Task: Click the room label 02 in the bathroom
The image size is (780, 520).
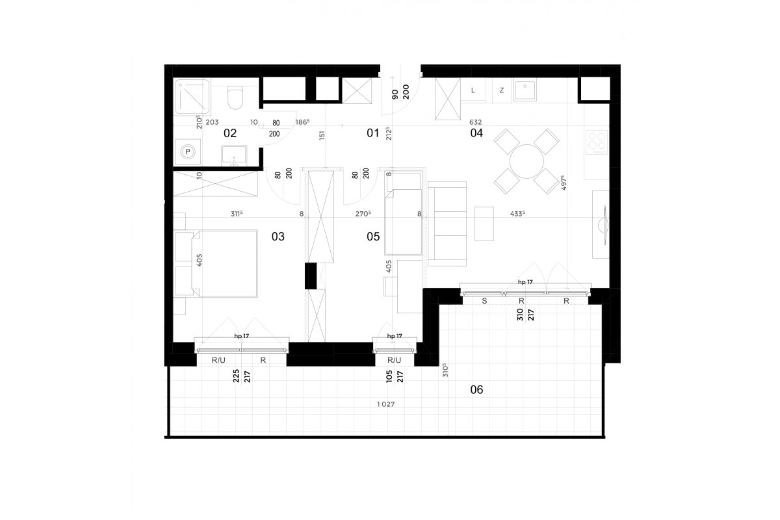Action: tap(230, 133)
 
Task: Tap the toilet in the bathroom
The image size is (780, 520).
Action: tap(235, 97)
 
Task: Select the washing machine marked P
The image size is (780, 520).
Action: tap(188, 152)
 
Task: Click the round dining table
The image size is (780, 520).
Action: tap(526, 162)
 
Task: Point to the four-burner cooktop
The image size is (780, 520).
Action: tap(597, 142)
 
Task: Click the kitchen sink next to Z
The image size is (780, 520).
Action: tap(525, 90)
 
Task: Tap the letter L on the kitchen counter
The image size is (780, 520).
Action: tap(473, 90)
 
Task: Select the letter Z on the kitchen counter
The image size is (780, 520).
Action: tap(502, 90)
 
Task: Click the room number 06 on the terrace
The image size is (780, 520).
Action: tap(476, 389)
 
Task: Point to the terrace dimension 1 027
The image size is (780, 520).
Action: tap(386, 404)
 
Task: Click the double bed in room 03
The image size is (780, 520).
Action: tap(224, 264)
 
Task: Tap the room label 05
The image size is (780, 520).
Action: tap(373, 237)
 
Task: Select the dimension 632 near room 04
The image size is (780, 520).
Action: tap(475, 122)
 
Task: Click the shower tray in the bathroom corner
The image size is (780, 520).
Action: tap(192, 97)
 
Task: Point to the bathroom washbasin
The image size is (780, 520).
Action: tap(234, 156)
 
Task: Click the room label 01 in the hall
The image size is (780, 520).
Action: tap(372, 133)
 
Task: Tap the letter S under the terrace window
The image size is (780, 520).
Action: tap(484, 301)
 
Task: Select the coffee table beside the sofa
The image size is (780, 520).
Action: tap(484, 224)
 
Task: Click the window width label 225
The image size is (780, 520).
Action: tap(236, 376)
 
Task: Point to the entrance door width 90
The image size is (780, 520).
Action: tap(395, 94)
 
